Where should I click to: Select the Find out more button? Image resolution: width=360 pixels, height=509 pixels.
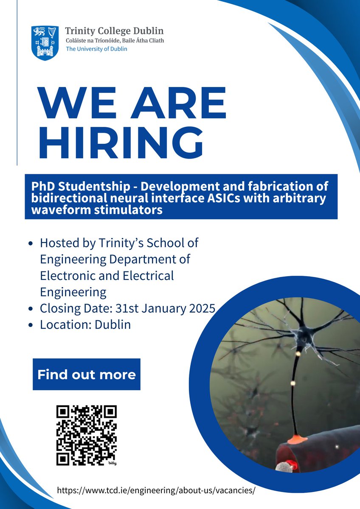click(x=87, y=375)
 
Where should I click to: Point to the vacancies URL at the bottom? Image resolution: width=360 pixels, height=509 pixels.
click(x=157, y=490)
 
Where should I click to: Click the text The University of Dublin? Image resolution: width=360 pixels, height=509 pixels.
click(x=96, y=49)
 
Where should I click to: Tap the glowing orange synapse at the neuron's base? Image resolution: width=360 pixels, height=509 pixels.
click(x=294, y=439)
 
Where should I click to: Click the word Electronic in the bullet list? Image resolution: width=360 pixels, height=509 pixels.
click(x=69, y=276)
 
